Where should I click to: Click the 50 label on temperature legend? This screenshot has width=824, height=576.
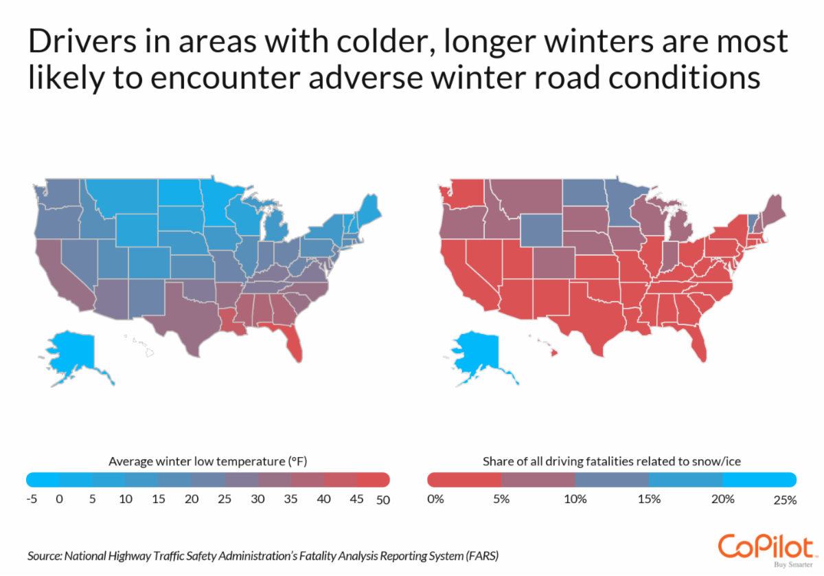pyautogui.click(x=383, y=500)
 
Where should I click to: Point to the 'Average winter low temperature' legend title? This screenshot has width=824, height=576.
pyautogui.click(x=212, y=461)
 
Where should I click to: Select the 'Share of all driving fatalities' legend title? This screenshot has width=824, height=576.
pyautogui.click(x=612, y=461)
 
